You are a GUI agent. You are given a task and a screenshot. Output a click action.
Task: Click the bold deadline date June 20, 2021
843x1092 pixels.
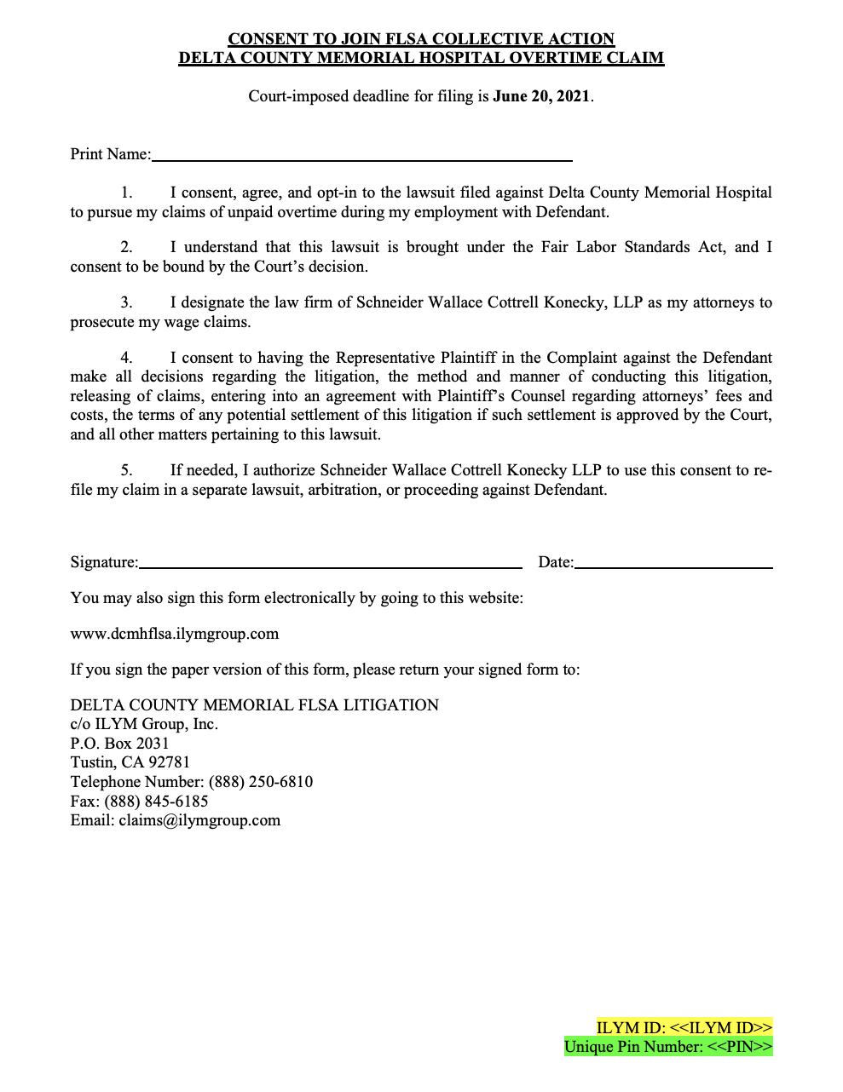(541, 96)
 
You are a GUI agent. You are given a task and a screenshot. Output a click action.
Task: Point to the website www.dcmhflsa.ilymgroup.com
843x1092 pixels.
(175, 634)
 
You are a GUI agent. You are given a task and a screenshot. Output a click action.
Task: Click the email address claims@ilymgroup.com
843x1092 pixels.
(199, 820)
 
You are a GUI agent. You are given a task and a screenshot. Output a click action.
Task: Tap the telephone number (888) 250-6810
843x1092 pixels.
(261, 782)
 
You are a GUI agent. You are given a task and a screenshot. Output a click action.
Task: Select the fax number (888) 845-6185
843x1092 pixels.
(156, 802)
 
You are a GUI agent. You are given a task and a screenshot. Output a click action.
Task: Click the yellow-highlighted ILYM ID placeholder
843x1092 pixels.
(684, 1028)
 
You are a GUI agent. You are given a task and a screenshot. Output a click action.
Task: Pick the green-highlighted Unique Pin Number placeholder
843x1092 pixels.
(668, 1047)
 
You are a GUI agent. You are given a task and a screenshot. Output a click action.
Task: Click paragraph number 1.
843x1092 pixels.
(126, 193)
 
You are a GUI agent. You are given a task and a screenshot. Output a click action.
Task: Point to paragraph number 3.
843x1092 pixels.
(126, 303)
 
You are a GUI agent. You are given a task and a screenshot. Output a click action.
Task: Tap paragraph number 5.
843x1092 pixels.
(126, 471)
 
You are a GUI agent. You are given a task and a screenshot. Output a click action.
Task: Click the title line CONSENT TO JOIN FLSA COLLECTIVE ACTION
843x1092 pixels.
(421, 39)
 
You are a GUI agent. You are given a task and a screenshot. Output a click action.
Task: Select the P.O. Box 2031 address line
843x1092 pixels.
(119, 744)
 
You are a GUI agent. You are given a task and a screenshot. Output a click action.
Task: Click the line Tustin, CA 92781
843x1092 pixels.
(130, 762)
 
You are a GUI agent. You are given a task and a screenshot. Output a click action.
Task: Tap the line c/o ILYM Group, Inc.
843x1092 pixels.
(144, 724)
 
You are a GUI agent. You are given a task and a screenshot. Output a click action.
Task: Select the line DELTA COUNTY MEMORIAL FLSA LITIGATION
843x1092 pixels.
(255, 705)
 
